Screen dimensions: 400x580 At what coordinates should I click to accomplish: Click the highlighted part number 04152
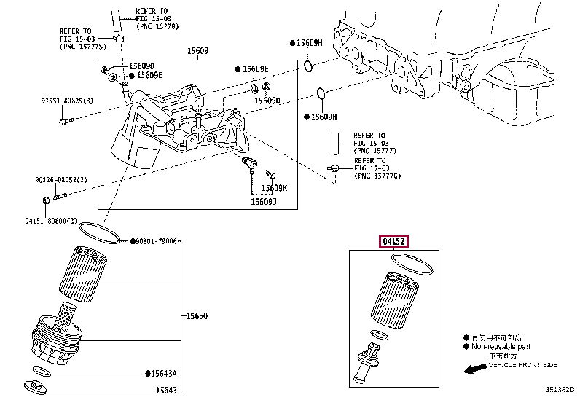click(392, 242)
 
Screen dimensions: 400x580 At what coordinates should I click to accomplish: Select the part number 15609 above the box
click(197, 51)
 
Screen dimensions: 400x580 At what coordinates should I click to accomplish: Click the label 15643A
click(165, 374)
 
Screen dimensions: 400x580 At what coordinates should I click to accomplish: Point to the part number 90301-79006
click(156, 241)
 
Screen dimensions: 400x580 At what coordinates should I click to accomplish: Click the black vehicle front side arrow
click(474, 370)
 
